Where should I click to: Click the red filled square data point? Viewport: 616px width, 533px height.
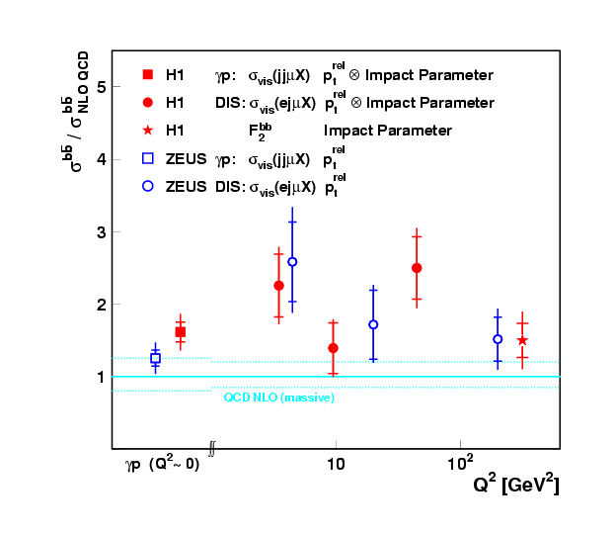pyautogui.click(x=180, y=332)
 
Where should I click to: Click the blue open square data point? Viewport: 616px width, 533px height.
pyautogui.click(x=155, y=358)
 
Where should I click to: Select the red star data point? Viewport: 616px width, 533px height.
pyautogui.click(x=522, y=340)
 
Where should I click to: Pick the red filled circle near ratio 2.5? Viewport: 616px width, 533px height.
pyautogui.click(x=417, y=268)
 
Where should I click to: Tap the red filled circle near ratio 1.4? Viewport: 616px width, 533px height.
pyautogui.click(x=333, y=348)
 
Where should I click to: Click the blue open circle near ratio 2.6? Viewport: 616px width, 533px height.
pyautogui.click(x=292, y=262)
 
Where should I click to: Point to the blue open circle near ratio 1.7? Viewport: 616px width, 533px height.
pyautogui.click(x=373, y=324)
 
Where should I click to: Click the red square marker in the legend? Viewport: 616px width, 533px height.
pyautogui.click(x=147, y=74)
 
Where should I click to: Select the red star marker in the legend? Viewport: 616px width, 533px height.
pyautogui.click(x=147, y=130)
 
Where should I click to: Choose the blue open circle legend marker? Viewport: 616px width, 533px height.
pyautogui.click(x=147, y=186)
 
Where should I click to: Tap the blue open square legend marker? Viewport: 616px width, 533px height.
pyautogui.click(x=147, y=158)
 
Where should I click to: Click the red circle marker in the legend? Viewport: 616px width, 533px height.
pyautogui.click(x=147, y=102)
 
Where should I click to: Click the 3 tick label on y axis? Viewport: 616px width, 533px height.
pyautogui.click(x=101, y=231)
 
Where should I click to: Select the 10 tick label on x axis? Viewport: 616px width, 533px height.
pyautogui.click(x=336, y=463)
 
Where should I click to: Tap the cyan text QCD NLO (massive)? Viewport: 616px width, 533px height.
pyautogui.click(x=278, y=398)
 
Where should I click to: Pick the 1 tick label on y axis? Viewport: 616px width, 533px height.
pyautogui.click(x=101, y=377)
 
